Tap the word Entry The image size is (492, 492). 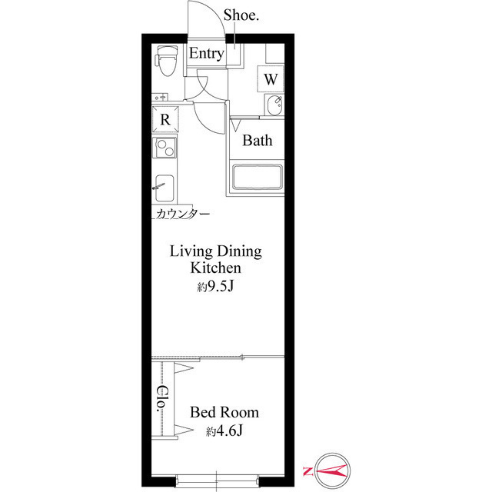(x=206, y=54)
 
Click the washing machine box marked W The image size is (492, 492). (x=271, y=78)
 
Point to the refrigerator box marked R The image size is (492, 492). (x=165, y=120)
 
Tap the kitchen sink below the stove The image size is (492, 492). (x=165, y=187)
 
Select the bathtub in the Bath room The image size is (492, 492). (x=258, y=179)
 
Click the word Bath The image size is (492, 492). (x=258, y=141)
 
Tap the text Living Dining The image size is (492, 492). (x=216, y=251)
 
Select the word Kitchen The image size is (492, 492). (x=217, y=268)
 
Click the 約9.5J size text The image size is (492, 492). (x=216, y=287)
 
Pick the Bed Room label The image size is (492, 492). (x=224, y=413)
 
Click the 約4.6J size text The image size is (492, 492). (x=224, y=432)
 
